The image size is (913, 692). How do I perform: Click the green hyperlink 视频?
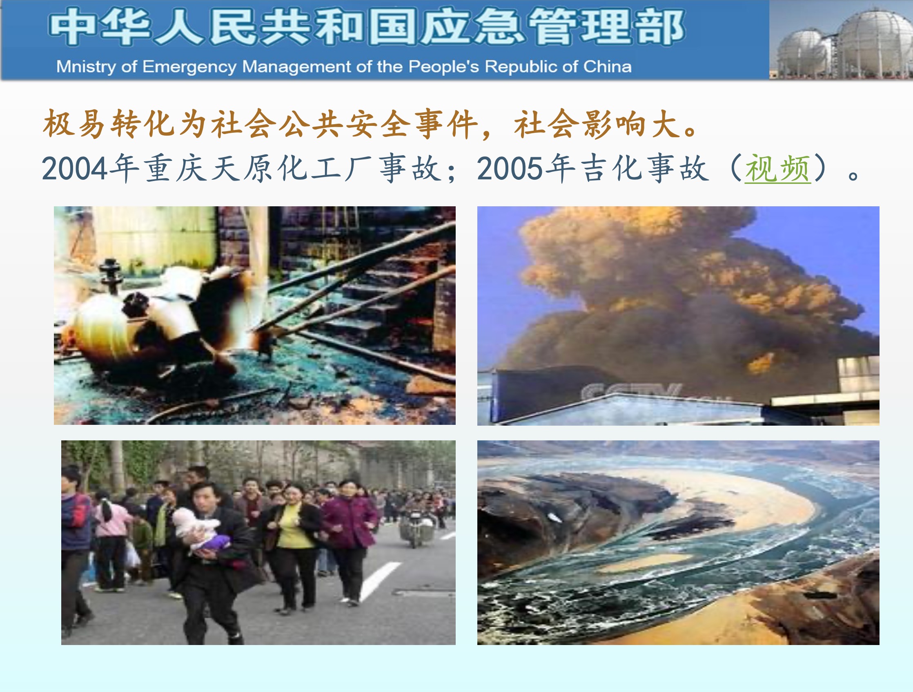[x=777, y=168]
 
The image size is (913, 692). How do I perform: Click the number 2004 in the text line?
[x=75, y=169]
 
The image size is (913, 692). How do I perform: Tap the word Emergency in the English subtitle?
[x=189, y=67]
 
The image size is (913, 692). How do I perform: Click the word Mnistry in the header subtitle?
[x=86, y=67]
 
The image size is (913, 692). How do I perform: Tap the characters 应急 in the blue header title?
[x=473, y=27]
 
